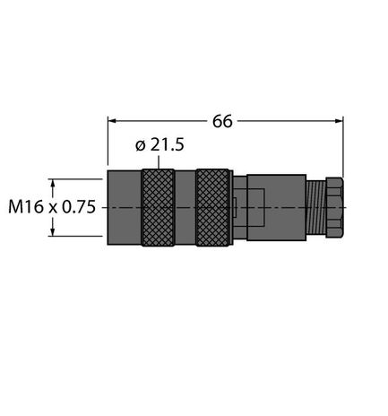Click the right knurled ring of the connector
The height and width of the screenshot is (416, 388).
tap(212, 207)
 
